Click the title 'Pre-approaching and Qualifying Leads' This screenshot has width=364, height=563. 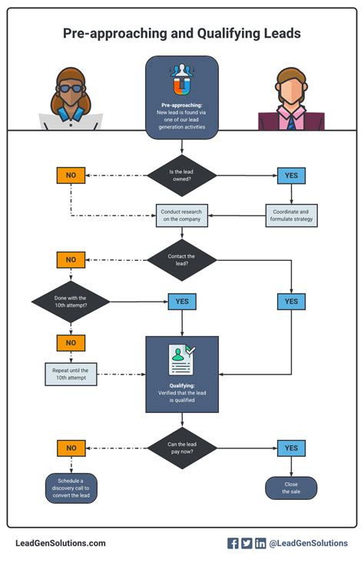(x=182, y=34)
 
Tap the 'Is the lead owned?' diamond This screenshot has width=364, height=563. (x=182, y=175)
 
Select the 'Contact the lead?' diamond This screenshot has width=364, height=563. (x=182, y=260)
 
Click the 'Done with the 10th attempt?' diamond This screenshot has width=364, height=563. (x=71, y=301)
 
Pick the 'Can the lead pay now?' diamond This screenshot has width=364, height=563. (x=182, y=448)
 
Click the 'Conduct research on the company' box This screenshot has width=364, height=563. (x=182, y=215)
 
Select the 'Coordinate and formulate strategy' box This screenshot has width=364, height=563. (x=291, y=215)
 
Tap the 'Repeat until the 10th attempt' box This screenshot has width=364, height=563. (x=71, y=375)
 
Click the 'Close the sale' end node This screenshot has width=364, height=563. (x=291, y=488)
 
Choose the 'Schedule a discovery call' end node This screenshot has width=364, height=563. (x=71, y=488)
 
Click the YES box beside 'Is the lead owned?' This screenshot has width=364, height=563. (x=291, y=175)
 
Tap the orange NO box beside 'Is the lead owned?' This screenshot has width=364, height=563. (x=71, y=175)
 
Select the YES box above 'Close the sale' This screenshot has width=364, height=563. (x=291, y=448)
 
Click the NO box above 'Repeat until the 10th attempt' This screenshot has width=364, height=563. (x=71, y=342)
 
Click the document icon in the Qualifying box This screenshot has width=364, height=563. (x=182, y=359)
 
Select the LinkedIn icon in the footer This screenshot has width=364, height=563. (x=260, y=543)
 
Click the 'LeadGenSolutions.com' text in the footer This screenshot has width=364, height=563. (x=61, y=543)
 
